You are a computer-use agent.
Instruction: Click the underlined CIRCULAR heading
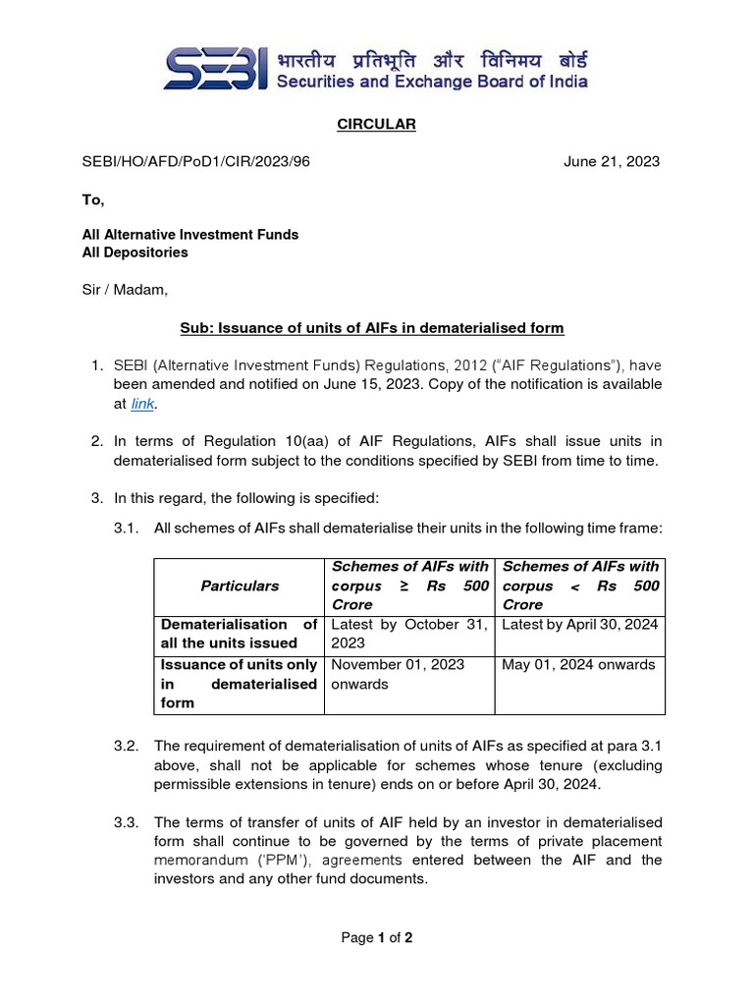(376, 125)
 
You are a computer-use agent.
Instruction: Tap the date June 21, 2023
(611, 162)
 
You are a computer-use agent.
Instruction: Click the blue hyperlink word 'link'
(142, 403)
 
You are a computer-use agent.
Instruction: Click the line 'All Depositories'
(135, 252)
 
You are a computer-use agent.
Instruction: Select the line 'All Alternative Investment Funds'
(189, 235)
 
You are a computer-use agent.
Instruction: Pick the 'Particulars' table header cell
(240, 586)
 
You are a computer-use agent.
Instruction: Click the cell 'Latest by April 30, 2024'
(579, 624)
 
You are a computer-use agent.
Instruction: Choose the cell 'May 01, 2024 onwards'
(578, 665)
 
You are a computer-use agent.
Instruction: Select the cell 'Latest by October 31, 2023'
(408, 634)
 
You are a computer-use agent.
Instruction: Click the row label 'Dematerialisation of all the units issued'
(239, 634)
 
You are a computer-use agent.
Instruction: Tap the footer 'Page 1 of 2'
(376, 938)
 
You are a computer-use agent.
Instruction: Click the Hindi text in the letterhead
(431, 57)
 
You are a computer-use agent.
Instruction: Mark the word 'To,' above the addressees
(92, 199)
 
